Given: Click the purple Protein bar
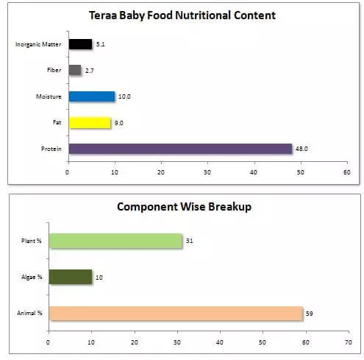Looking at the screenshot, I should [180, 149].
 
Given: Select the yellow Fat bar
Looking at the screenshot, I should [89, 123].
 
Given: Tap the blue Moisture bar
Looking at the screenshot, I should [91, 96].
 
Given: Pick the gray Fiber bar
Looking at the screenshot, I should [74, 71].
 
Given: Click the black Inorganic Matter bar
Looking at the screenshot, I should [80, 44].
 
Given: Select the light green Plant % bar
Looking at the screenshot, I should [115, 241].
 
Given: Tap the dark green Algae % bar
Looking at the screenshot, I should [70, 277].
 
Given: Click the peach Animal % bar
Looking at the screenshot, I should [175, 314].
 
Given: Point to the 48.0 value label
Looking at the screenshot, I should [301, 149].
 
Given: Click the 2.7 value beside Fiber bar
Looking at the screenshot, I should [90, 71].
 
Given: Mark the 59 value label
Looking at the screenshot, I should [310, 314].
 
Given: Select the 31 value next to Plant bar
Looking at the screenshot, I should [190, 241].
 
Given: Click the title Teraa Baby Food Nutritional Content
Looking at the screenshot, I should [182, 15].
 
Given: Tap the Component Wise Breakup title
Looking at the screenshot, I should [184, 207].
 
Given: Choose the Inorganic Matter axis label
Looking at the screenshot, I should [38, 45].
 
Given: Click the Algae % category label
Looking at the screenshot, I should [29, 277].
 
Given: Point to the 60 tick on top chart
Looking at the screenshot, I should [346, 173].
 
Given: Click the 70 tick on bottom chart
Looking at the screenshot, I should [348, 342].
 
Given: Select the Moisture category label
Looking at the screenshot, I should [49, 97].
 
